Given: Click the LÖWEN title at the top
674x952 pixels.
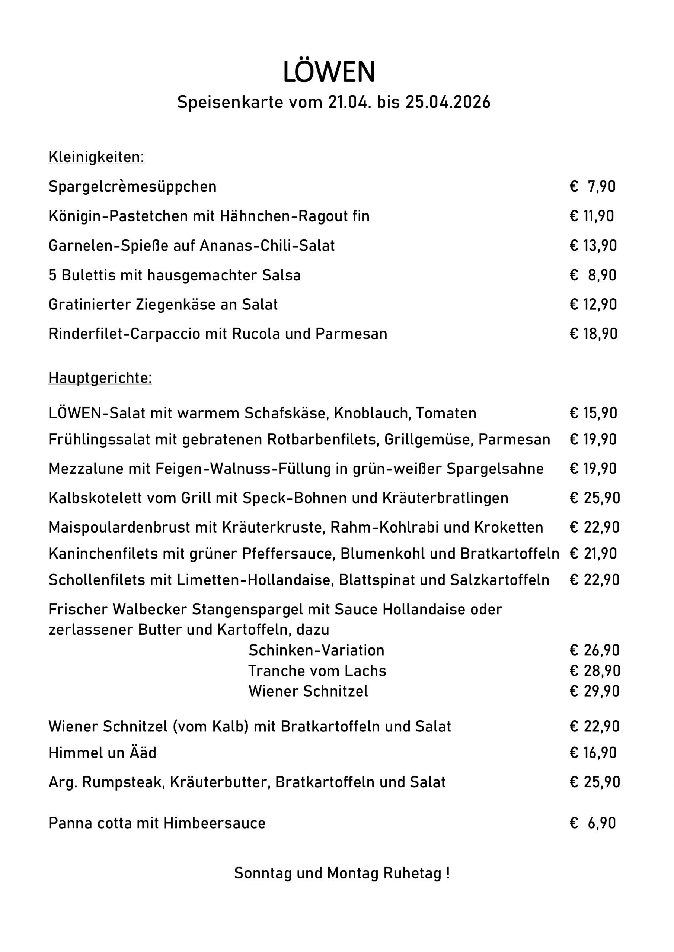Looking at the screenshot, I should (x=329, y=72).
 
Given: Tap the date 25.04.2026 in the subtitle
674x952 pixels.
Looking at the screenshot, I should (x=448, y=102).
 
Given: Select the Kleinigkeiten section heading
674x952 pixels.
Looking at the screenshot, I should (x=96, y=157).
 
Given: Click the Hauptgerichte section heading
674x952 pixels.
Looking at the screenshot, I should (x=100, y=378).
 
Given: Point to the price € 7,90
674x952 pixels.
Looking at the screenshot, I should (x=592, y=187).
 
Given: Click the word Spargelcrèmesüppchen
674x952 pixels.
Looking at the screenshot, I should (x=132, y=187).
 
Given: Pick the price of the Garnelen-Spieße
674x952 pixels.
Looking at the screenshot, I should (x=593, y=245).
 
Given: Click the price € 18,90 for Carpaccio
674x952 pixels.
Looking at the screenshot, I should (x=594, y=334).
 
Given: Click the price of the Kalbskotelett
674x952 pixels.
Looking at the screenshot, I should (x=595, y=498).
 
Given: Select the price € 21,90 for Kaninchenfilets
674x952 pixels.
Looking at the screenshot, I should (x=594, y=554).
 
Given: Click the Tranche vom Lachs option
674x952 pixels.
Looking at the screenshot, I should (x=317, y=671).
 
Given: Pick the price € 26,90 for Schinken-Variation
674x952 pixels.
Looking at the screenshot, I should (x=594, y=650).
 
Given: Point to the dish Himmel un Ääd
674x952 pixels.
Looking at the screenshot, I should (x=102, y=753).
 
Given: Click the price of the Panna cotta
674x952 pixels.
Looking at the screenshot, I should (x=592, y=823).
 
